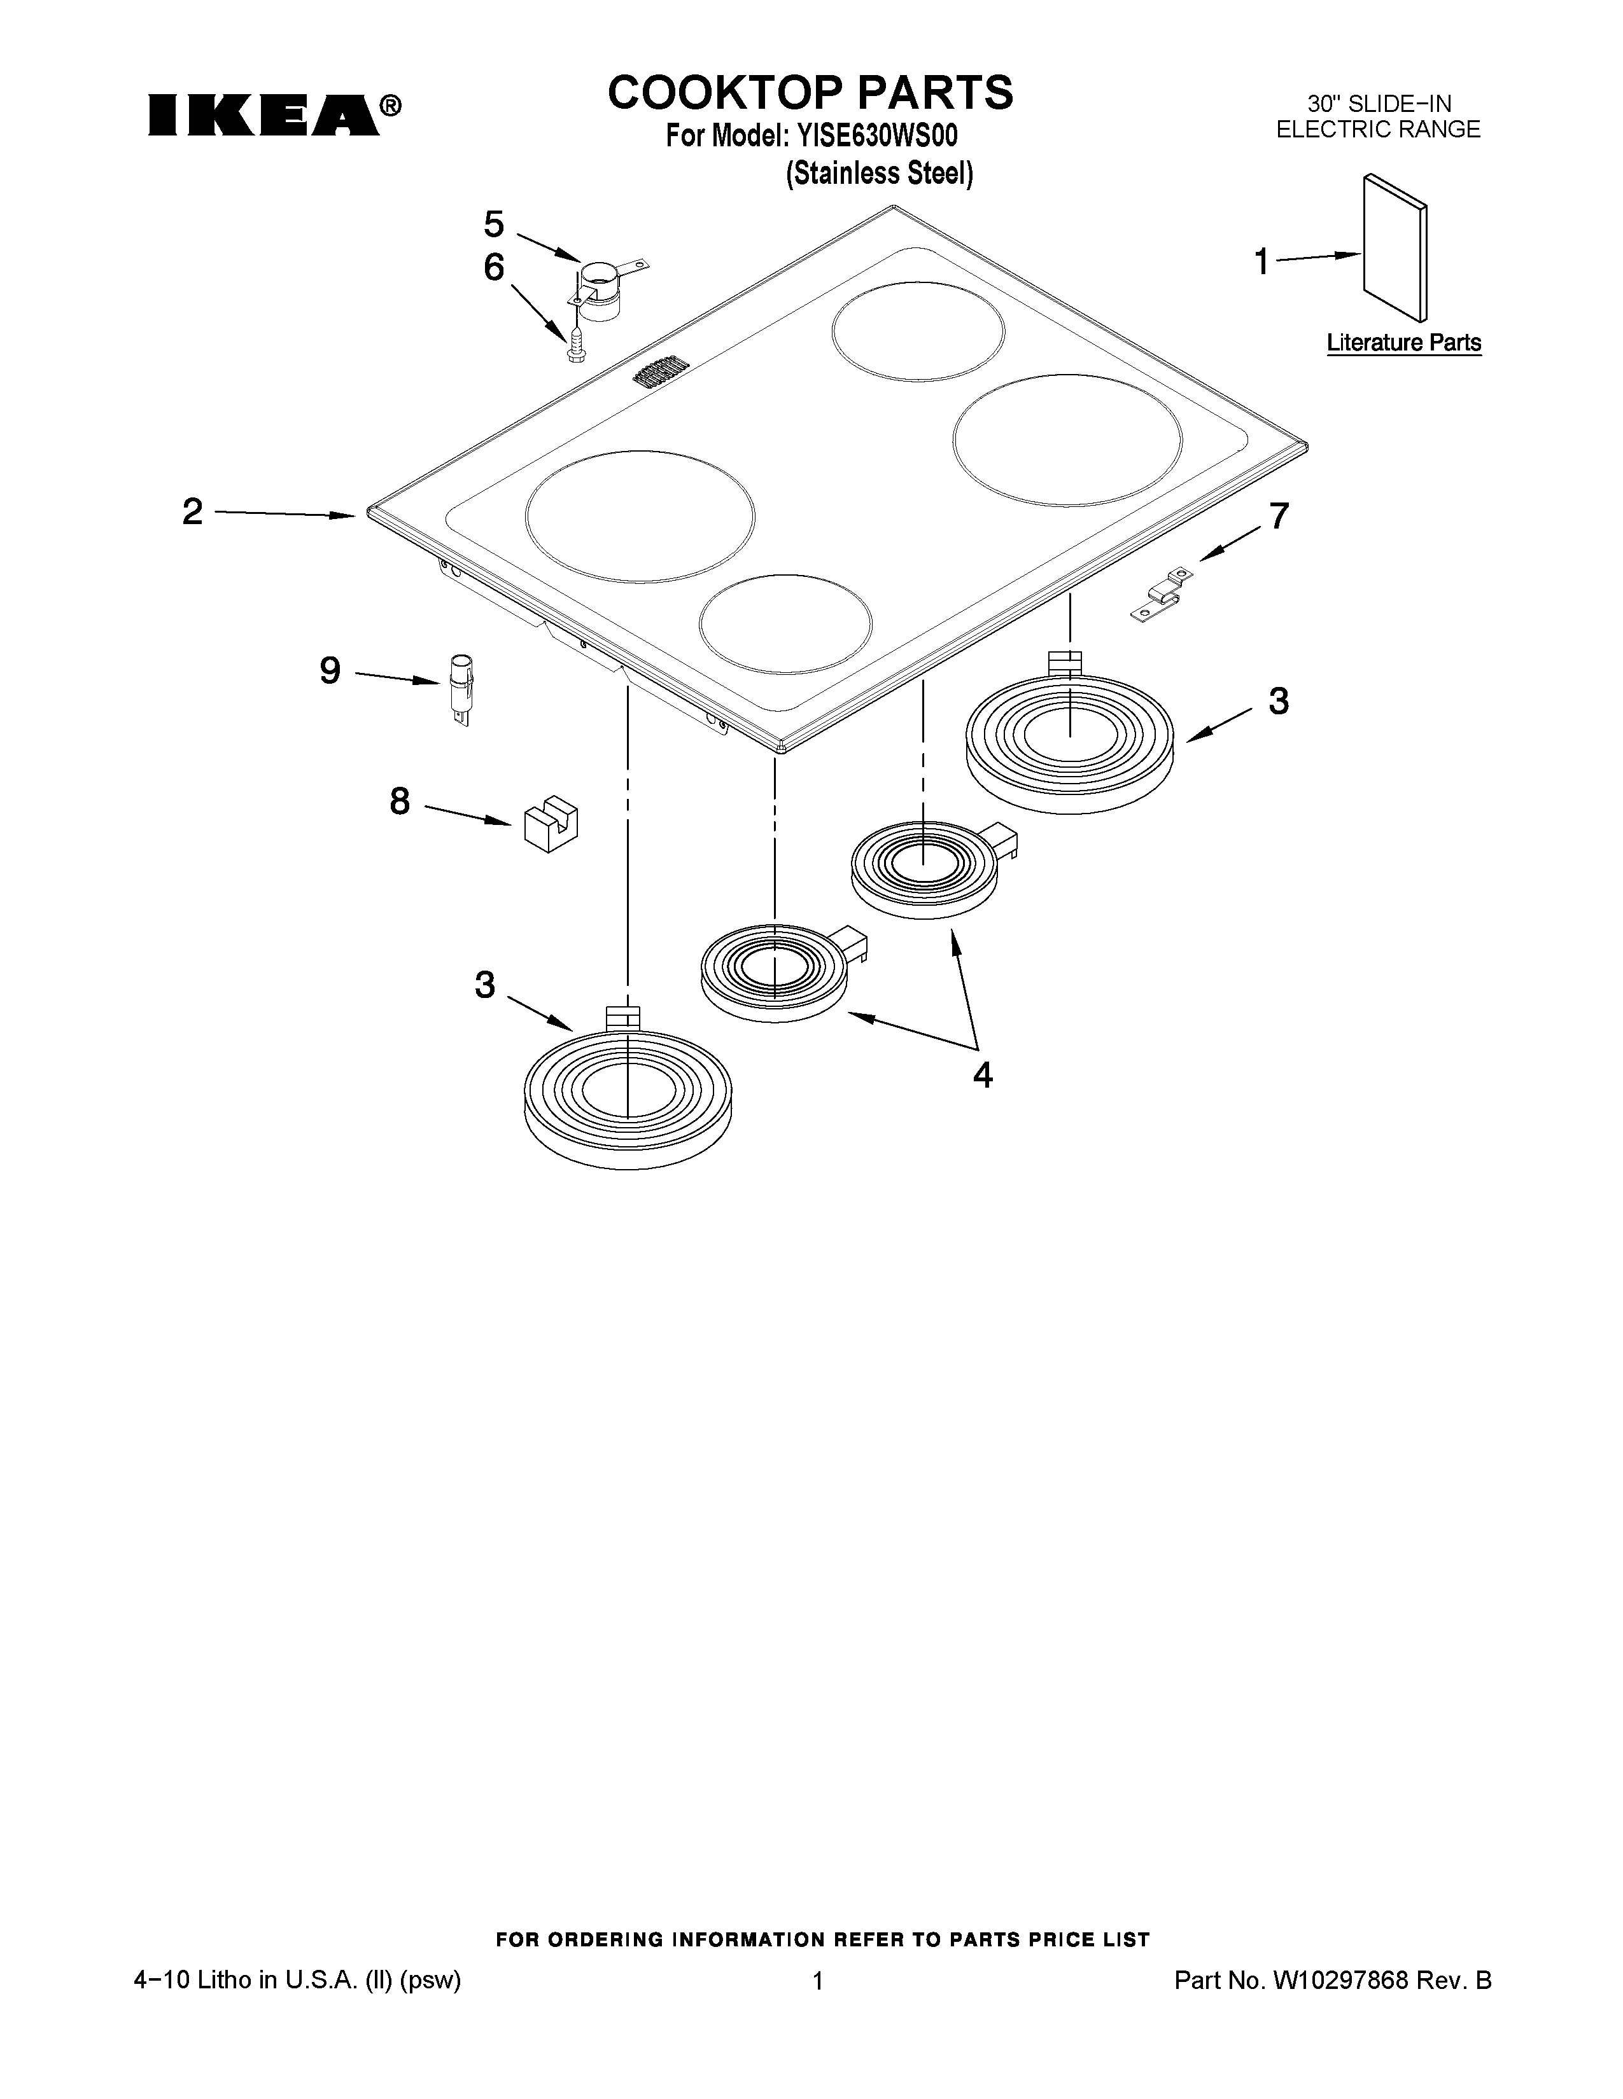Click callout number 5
click(x=493, y=225)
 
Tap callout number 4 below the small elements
click(x=981, y=1074)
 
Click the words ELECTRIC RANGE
click(x=1378, y=130)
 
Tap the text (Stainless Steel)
click(x=879, y=174)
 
